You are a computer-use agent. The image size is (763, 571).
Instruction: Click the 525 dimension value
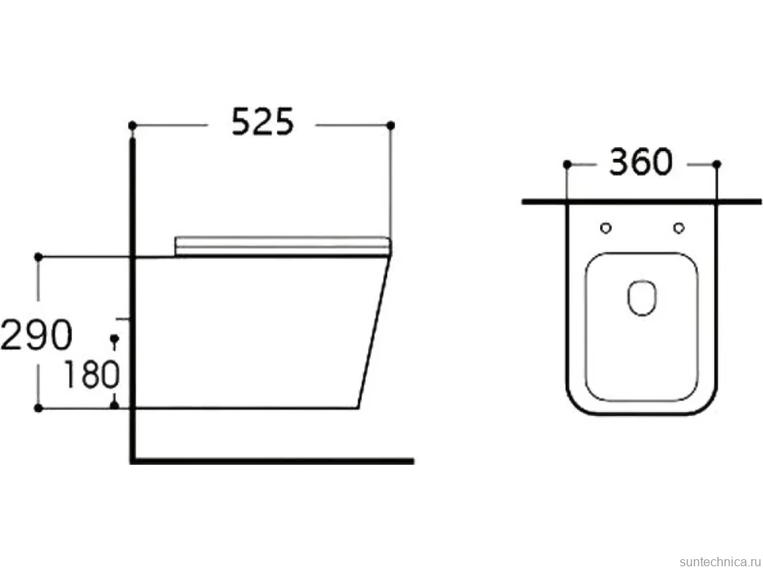(262, 122)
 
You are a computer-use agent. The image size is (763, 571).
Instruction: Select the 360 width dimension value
(641, 162)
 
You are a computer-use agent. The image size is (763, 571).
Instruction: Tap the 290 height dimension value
(36, 334)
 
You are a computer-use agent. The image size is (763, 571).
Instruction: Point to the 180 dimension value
(91, 374)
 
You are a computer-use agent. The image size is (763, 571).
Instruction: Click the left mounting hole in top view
(606, 227)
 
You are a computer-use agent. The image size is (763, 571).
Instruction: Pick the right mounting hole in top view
(679, 227)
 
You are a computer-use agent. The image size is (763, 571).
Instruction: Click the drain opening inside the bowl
(642, 297)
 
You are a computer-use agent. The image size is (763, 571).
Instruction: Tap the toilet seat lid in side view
(282, 245)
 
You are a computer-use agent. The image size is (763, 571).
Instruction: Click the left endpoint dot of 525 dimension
(132, 126)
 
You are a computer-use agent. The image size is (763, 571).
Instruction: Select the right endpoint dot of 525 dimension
(390, 126)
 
